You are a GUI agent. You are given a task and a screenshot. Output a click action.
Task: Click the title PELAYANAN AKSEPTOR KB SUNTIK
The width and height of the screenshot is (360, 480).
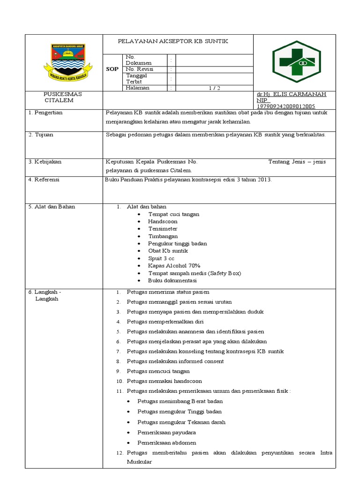(x=172, y=42)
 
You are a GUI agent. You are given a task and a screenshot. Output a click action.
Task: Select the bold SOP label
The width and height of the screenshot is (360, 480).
(x=112, y=69)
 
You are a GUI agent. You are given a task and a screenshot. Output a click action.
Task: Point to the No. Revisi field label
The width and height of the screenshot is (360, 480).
(x=139, y=69)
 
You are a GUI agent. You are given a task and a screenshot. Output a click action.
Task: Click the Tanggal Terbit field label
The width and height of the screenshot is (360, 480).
(x=136, y=78)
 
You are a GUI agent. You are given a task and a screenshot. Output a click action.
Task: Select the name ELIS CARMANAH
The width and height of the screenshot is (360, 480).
(x=300, y=94)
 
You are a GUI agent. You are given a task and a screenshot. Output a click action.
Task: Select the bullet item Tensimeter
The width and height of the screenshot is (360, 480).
(x=163, y=229)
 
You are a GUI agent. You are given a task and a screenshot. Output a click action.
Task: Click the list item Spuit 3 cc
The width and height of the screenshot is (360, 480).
(x=161, y=258)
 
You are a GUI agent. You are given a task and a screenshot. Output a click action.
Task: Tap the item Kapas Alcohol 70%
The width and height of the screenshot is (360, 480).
(x=171, y=266)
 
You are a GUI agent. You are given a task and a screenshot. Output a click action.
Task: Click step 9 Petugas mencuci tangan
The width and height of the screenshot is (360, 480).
(x=158, y=371)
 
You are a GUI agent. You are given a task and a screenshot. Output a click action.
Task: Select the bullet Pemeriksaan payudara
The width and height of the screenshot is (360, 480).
(x=166, y=432)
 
